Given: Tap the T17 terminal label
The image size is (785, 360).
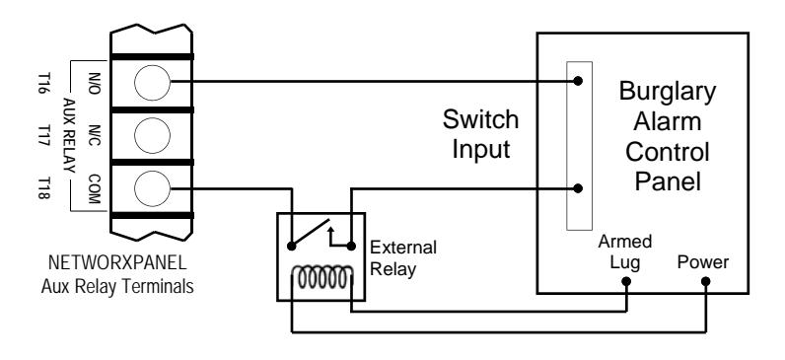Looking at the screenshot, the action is click(x=44, y=136).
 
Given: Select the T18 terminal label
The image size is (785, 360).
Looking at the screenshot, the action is click(x=44, y=187).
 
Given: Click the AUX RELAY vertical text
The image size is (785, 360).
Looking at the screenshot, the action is click(x=69, y=135).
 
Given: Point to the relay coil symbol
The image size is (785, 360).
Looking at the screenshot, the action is click(x=322, y=278).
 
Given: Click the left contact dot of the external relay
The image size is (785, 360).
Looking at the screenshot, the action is click(x=291, y=246).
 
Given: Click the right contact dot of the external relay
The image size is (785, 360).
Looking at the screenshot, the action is click(x=351, y=246).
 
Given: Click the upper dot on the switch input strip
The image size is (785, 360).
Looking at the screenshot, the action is click(x=578, y=81).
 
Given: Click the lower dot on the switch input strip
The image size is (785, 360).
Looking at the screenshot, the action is click(x=578, y=188).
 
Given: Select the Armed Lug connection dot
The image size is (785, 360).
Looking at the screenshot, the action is click(x=626, y=281).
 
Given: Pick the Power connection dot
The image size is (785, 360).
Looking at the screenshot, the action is click(x=705, y=281).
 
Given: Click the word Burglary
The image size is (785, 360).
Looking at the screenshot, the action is click(x=668, y=93).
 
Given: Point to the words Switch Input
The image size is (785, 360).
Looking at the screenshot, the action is click(x=480, y=135).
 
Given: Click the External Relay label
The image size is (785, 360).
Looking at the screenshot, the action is click(x=402, y=258).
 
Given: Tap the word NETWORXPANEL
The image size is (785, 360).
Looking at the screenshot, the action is click(x=117, y=262).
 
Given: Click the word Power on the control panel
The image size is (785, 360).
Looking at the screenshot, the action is click(x=703, y=262).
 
